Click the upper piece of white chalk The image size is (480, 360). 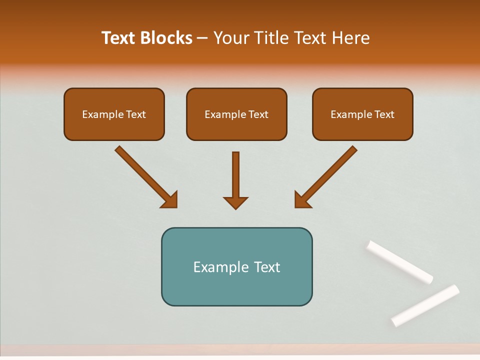[399, 262]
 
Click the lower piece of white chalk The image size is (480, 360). [425, 305]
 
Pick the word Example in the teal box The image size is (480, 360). [217, 267]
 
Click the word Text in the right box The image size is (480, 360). [384, 114]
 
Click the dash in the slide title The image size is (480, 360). [202, 38]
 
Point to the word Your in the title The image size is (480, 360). [230, 38]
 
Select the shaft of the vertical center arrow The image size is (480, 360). [235, 172]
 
